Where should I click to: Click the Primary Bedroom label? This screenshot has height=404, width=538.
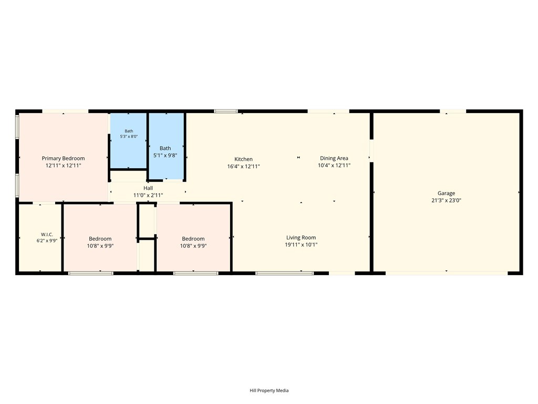pos(63,158)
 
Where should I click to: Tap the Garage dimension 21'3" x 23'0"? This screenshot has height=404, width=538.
pos(446,200)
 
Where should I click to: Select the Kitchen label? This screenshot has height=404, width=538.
pos(243,159)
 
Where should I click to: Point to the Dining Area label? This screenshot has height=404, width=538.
pos(334,158)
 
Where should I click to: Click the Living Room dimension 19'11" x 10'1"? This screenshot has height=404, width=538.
pos(301,245)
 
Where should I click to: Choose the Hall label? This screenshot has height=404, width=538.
pos(148,188)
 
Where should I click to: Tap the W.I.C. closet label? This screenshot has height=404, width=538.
pos(47,235)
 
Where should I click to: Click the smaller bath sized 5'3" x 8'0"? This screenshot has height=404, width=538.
pos(129,141)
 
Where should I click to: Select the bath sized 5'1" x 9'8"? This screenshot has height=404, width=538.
pos(167,146)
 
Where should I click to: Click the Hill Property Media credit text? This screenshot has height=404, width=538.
pos(269,391)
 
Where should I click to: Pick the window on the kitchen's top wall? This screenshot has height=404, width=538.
pos(226,112)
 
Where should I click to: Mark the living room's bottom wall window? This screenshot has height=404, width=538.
pos(284,274)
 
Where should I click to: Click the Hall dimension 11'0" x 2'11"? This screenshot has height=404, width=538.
pos(148,196)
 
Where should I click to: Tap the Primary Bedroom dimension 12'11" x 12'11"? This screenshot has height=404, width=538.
pos(63,166)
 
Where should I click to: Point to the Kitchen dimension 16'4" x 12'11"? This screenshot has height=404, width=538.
pos(243,167)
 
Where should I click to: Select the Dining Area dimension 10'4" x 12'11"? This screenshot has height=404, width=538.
pos(334,166)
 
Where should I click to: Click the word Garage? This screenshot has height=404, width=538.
pos(446,194)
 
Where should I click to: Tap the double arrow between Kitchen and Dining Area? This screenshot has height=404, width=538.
pos(298,157)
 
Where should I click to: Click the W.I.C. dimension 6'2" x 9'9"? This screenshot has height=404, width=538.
pos(47,241)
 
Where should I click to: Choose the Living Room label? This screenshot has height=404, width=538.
pos(301,238)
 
